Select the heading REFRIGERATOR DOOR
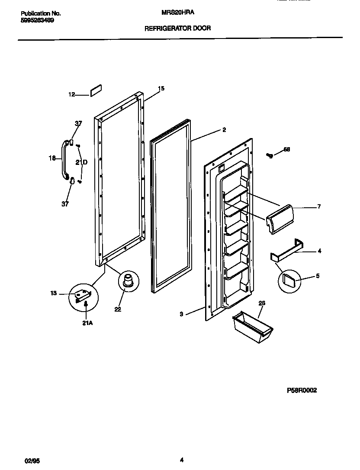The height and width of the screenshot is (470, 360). point(177,28)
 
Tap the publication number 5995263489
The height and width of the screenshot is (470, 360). point(37,20)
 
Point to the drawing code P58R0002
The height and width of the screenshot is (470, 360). point(302,390)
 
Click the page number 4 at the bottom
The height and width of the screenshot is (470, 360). point(182,460)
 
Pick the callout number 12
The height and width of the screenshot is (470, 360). point(72,94)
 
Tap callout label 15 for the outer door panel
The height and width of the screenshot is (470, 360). point(161,89)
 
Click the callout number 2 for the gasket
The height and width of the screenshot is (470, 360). point(224,129)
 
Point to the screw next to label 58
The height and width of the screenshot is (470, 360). point(270,155)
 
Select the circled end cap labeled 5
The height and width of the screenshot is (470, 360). point(289,280)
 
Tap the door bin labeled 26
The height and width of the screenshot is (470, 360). point(253,328)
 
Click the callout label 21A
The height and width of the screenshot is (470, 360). point(87,323)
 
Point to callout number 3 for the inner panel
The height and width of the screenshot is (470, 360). point(182,315)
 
